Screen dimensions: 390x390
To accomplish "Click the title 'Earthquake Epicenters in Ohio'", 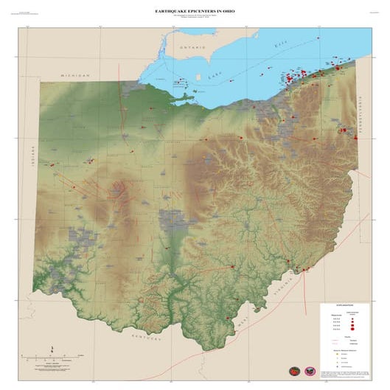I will click(195, 12).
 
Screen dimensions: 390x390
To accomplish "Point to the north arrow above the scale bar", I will click(52, 349).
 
